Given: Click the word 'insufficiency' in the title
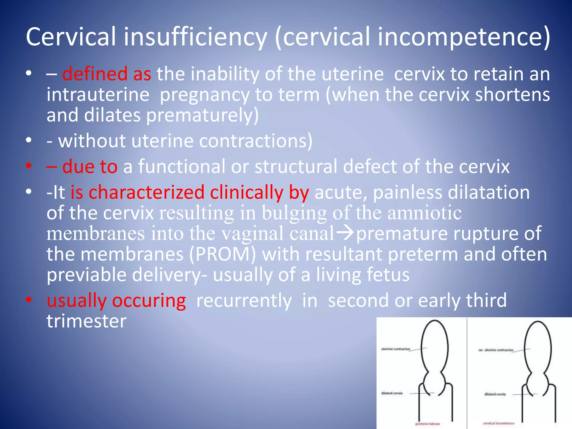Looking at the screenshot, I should [195, 37].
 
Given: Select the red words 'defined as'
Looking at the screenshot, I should [106, 74].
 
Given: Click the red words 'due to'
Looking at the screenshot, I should [90, 167].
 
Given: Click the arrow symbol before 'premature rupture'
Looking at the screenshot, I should [345, 233].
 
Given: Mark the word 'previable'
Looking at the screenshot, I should [87, 275].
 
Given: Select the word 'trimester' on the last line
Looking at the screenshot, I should [86, 321].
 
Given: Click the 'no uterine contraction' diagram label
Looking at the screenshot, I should [496, 350].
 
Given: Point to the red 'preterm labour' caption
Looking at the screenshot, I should [427, 424].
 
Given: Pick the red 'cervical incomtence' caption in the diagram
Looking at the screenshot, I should [499, 423].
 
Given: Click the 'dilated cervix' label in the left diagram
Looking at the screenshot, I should [392, 393].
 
